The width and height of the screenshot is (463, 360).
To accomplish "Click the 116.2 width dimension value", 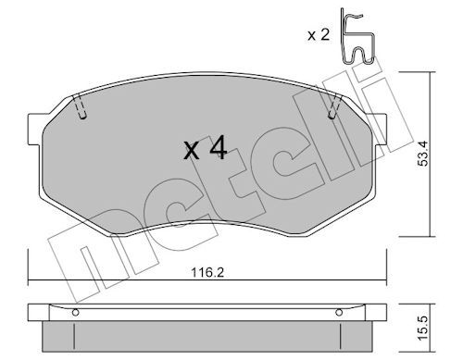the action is click(x=206, y=272).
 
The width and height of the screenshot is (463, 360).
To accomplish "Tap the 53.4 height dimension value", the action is click(x=423, y=154).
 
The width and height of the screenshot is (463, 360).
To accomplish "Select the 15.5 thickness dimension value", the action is click(x=423, y=328).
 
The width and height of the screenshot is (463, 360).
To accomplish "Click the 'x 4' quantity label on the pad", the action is click(x=206, y=149).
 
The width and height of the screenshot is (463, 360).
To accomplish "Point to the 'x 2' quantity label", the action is click(x=319, y=35).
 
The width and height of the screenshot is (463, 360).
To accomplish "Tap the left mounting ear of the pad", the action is click(x=34, y=130).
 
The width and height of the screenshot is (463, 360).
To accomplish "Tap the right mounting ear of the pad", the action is click(x=381, y=130).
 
